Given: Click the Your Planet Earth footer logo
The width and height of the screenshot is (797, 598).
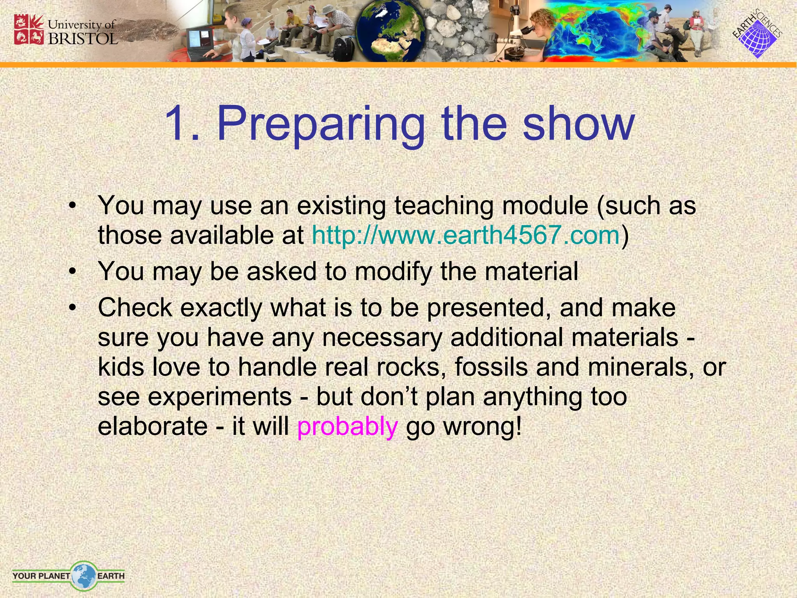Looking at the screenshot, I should [x=68, y=575].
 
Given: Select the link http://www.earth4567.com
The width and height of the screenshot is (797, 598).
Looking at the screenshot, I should [x=465, y=236].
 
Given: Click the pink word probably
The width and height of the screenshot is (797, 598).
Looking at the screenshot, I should [x=347, y=426].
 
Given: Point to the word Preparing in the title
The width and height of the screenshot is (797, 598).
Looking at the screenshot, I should [x=321, y=124].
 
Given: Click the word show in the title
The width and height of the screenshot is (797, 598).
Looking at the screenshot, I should [x=579, y=124].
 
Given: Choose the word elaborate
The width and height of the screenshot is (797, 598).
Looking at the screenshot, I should [x=153, y=426].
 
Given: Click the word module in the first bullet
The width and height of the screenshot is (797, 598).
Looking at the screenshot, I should [x=545, y=206].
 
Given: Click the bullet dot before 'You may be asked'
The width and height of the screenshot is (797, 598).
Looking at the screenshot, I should [x=72, y=272].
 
